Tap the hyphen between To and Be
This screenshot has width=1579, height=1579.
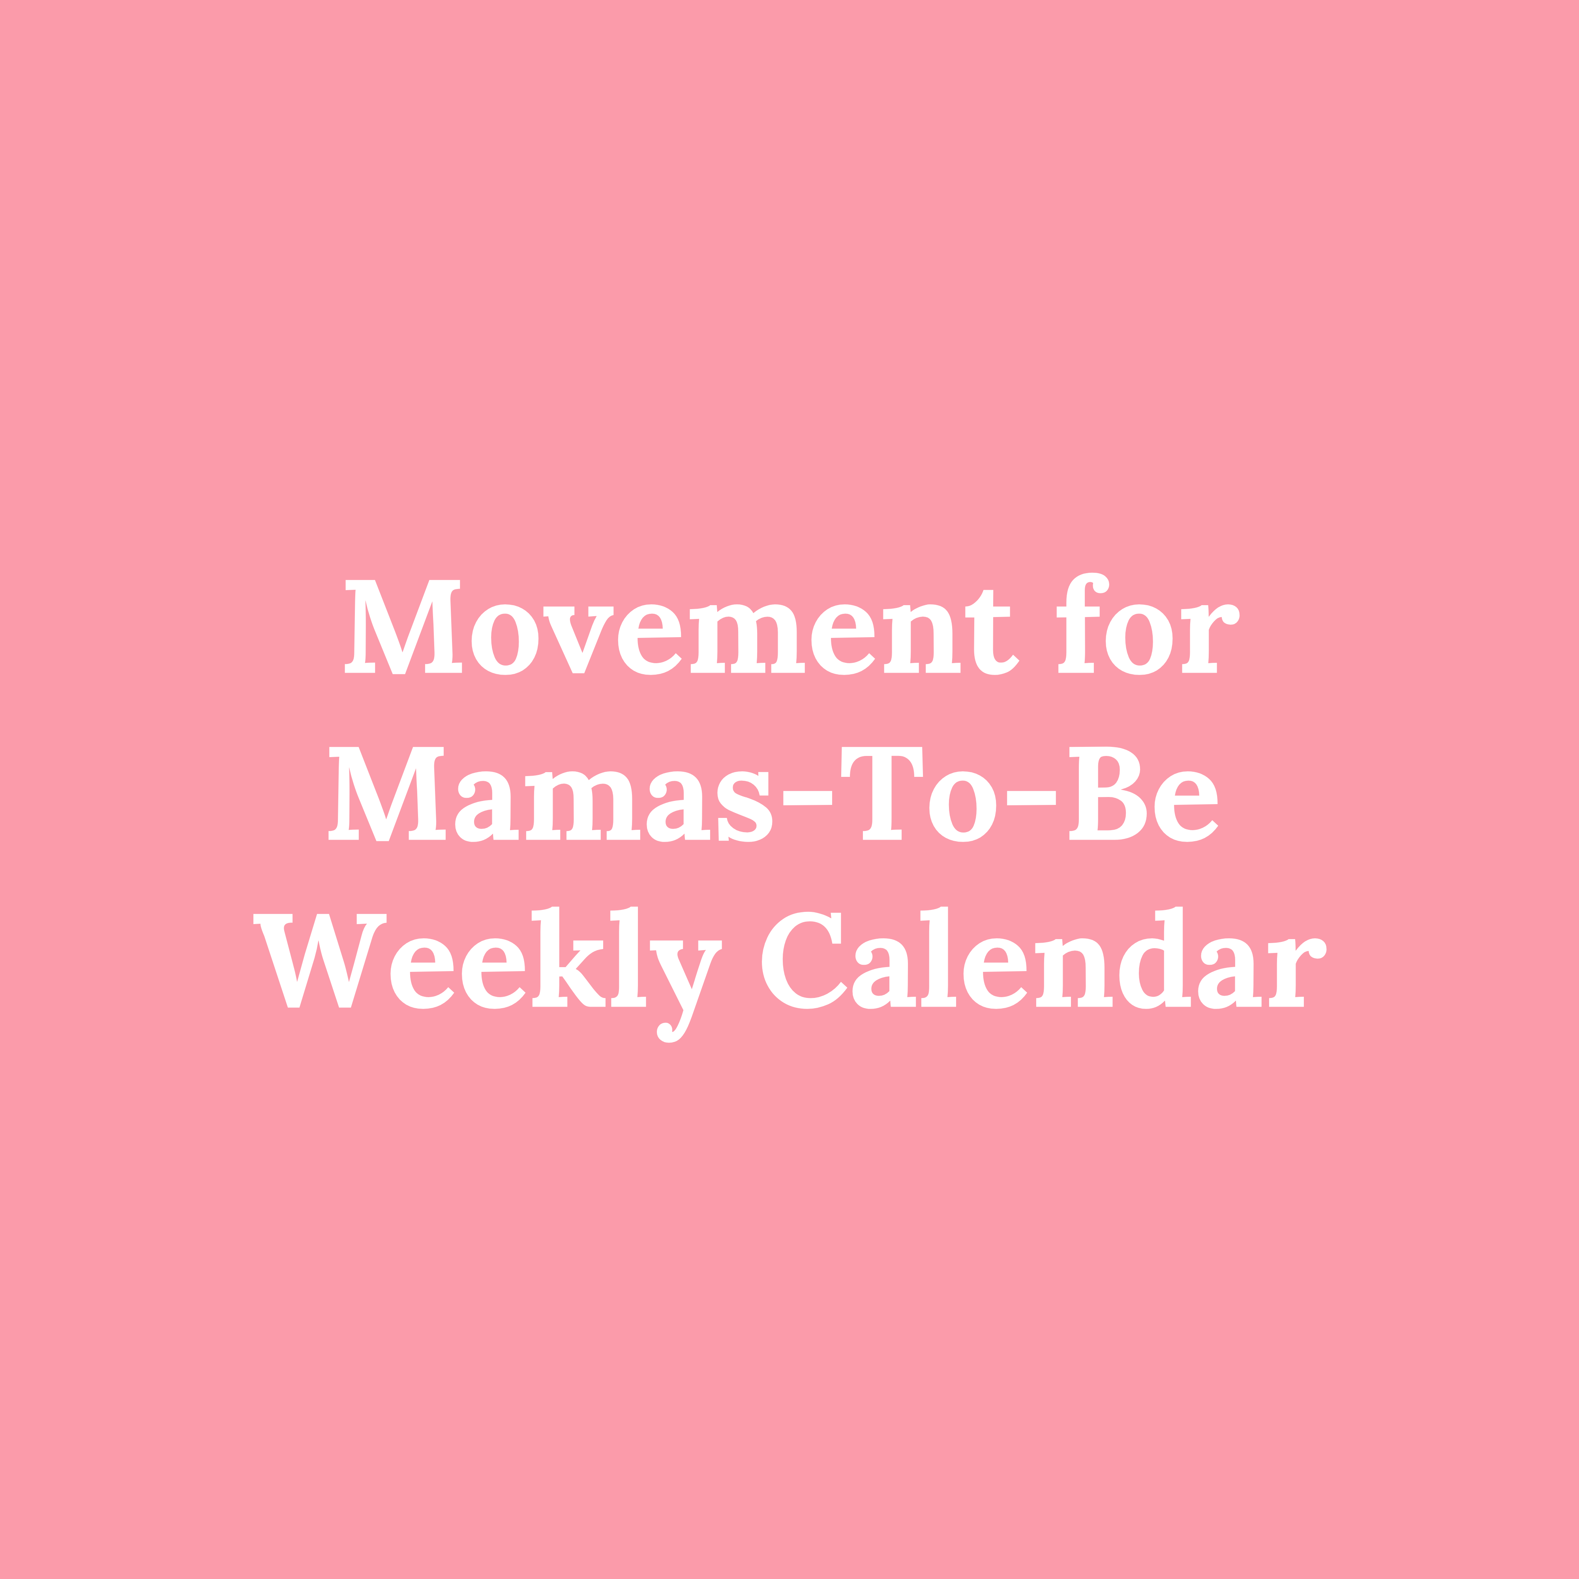point(1031,798)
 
